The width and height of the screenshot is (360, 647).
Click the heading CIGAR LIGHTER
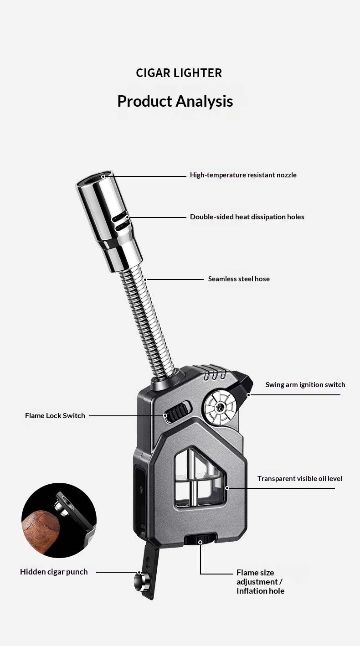(179, 73)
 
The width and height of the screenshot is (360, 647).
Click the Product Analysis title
(175, 101)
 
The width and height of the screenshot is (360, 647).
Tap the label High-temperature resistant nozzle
(243, 175)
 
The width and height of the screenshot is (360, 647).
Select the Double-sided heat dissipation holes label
(247, 217)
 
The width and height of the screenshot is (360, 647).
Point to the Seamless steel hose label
(239, 279)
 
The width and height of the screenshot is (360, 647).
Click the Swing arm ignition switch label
(305, 385)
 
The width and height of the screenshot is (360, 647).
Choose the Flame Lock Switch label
(55, 416)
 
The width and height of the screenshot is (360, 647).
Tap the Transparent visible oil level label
(299, 479)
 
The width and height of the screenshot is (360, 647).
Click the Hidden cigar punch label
(54, 572)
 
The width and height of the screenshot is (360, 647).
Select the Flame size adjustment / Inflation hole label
(260, 582)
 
